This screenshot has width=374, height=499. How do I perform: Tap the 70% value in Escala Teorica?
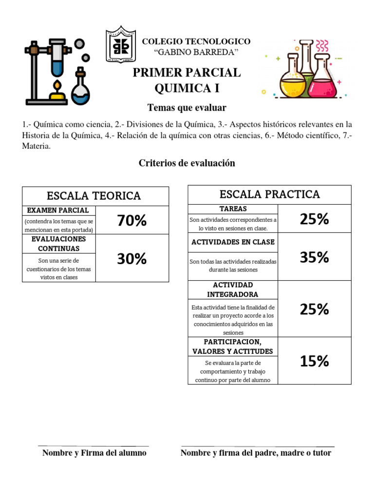coord(132,221)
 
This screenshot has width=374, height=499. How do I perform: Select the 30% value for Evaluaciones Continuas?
coord(132,259)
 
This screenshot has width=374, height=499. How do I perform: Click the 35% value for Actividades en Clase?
coord(314,257)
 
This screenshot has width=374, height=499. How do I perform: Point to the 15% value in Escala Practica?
coord(314,361)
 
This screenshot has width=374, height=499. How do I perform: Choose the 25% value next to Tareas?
coord(314,219)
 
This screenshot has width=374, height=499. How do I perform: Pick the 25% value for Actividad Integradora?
coord(314,309)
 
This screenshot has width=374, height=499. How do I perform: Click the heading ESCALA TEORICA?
coord(93,196)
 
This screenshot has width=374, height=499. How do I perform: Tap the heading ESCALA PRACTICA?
coord(270,194)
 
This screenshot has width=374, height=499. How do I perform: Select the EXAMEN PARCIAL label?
coord(58,211)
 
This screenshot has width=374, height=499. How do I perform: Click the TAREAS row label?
coord(233,209)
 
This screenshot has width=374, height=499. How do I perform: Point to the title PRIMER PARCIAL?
coord(187,73)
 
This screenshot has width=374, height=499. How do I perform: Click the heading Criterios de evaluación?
coord(187,163)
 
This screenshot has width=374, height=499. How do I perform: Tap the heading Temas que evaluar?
coord(187,107)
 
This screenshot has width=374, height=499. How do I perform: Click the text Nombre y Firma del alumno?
coord(94,453)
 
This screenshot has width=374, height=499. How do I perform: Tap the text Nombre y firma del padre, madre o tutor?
coord(256,453)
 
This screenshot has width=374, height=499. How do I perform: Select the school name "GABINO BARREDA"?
coord(196,52)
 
